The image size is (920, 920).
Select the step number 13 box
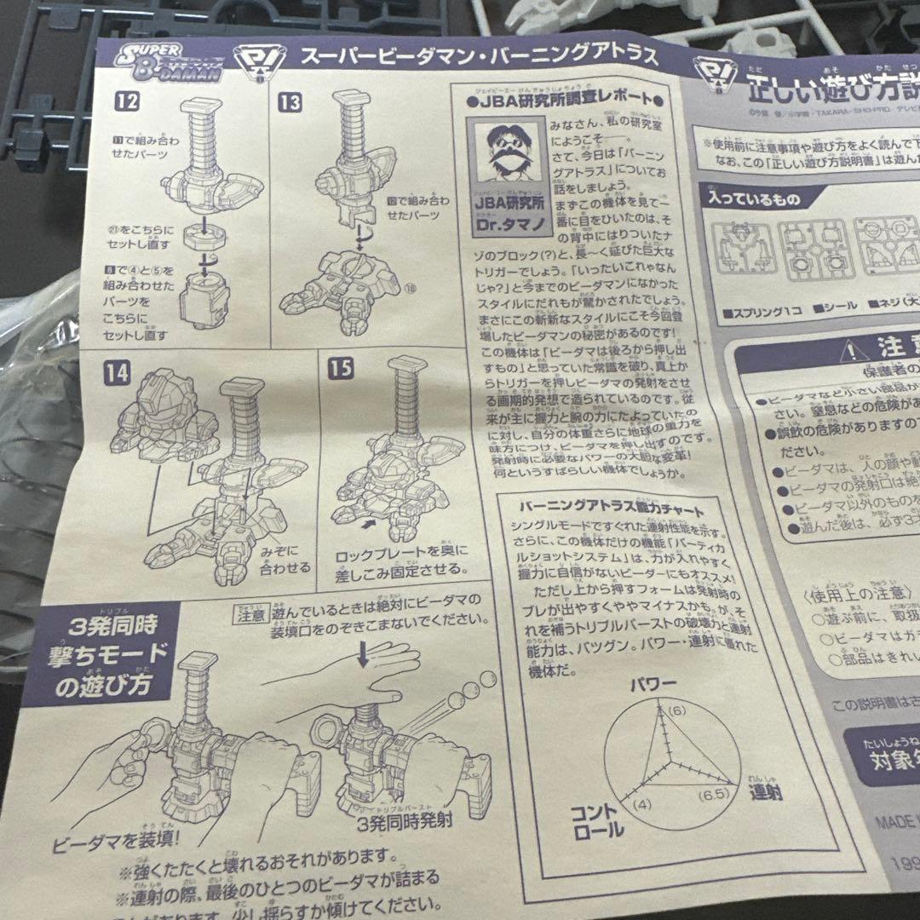pyautogui.click(x=290, y=103)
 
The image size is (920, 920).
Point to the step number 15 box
pyautogui.click(x=341, y=368)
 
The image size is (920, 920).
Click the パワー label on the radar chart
pyautogui.click(x=653, y=685)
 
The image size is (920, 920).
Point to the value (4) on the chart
pyautogui.click(x=642, y=803)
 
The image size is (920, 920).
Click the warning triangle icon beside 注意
pyautogui.click(x=849, y=350)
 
